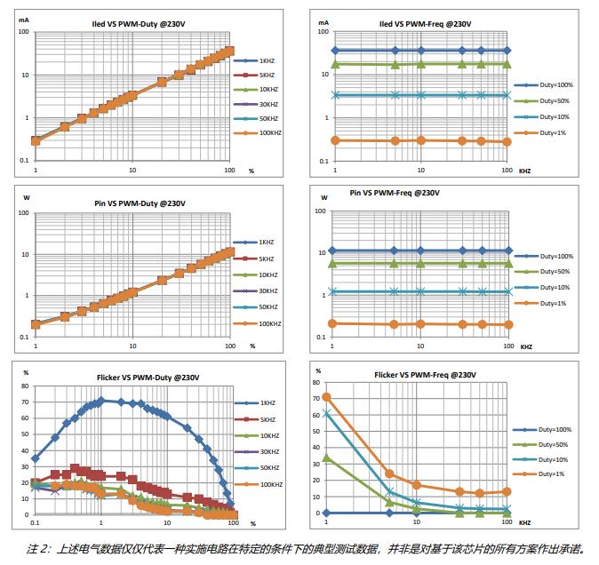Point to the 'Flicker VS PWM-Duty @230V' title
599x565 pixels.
(134, 379)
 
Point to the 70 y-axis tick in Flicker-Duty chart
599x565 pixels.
(25, 401)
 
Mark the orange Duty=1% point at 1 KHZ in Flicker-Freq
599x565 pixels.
(326, 397)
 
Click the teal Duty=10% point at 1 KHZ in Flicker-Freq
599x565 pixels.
(326, 413)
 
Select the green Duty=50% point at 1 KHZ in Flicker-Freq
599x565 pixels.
(326, 458)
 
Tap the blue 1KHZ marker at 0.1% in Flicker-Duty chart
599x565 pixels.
(35, 458)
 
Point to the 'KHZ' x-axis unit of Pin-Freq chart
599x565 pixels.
(525, 346)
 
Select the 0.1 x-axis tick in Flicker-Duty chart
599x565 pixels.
(35, 523)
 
